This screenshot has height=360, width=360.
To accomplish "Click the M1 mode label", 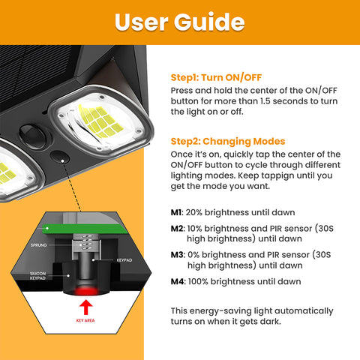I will coord(177,212).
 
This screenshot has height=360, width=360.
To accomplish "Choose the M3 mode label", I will coord(177,254).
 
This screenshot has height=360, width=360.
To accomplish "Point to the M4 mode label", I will coord(177,281).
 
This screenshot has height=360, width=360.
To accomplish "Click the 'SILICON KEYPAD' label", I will coord(38,277).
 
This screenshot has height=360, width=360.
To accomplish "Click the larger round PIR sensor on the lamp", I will coord(31,131).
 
